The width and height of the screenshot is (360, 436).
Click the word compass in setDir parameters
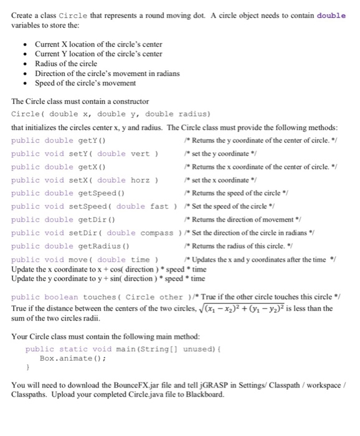153,233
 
